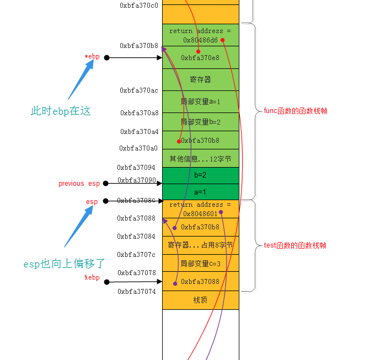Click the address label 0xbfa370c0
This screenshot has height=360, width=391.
pos(139,6)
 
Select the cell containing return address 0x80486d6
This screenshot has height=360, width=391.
pos(201,35)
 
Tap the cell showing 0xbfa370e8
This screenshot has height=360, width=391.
pos(201,58)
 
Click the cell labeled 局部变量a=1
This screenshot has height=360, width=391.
pos(201,101)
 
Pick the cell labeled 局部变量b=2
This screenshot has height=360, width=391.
pos(201,122)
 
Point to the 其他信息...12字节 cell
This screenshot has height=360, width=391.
pos(201,159)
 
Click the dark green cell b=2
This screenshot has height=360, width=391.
pos(201,175)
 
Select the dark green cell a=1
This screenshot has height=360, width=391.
pos(201,191)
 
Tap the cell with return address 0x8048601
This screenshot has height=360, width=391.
pos(201,209)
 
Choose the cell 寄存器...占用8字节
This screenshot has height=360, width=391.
pos(201,245)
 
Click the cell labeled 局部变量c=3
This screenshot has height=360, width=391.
pos(201,264)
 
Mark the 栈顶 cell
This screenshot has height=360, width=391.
pos(201,300)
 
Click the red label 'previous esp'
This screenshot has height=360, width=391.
pos(79,184)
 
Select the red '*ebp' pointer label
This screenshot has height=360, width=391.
pos(92,57)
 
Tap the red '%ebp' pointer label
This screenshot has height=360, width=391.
pos(92,277)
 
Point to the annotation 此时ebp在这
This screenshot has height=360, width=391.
pos(61,111)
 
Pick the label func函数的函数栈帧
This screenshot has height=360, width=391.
pos(296,111)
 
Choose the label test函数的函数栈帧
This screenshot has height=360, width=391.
pos(296,245)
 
